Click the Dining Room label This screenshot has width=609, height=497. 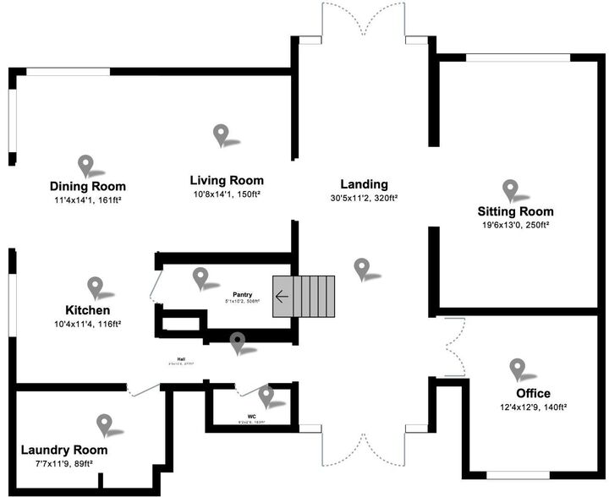tap(88, 187)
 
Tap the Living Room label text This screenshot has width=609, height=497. tap(226, 180)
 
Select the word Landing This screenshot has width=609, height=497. tap(364, 184)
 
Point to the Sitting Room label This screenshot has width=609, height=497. tap(515, 211)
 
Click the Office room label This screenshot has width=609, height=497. tap(533, 393)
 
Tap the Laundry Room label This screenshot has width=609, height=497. tap(63, 450)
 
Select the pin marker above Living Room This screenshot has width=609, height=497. tap(222, 134)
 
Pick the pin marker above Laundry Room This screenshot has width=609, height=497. tap(104, 423)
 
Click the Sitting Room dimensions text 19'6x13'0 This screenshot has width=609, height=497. tap(497, 226)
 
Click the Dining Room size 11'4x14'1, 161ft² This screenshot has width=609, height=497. tap(88, 201)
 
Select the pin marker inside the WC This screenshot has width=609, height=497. tap(266, 395)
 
